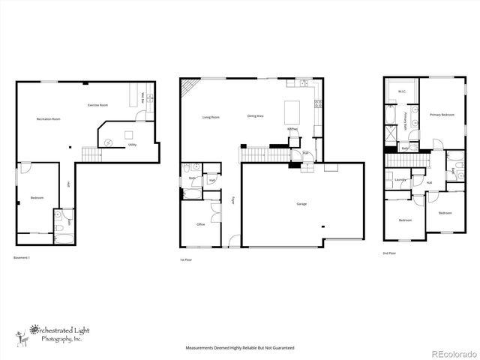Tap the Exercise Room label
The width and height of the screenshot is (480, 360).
(x=98, y=104)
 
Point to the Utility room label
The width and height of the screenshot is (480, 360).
(x=132, y=144)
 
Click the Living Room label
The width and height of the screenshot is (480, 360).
(x=210, y=117)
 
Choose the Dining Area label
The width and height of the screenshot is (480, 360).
(x=255, y=115)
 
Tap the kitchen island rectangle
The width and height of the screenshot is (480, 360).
(x=292, y=112)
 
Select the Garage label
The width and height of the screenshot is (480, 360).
(x=301, y=203)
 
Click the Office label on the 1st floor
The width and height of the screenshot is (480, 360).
(x=201, y=224)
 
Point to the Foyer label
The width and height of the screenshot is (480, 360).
(x=232, y=200)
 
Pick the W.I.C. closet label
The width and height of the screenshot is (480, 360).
(x=402, y=92)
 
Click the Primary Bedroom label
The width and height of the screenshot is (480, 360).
(x=442, y=114)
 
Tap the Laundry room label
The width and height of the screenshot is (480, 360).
(x=400, y=180)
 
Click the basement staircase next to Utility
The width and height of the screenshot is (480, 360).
(x=91, y=154)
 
